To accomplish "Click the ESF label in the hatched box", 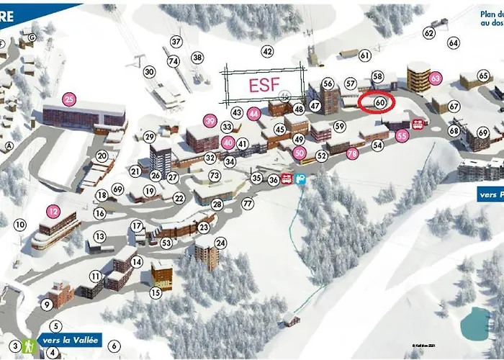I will pyautogui.click(x=264, y=84).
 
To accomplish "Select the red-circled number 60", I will pyautogui.click(x=380, y=103).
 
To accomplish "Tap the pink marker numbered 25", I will pyautogui.click(x=69, y=99).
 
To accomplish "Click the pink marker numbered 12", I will pyautogui.click(x=54, y=212).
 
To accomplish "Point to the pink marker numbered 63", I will pyautogui.click(x=435, y=77).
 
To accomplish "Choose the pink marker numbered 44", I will pyautogui.click(x=253, y=113).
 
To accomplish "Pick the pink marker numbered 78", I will pyautogui.click(x=353, y=153).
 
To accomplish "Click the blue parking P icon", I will pyautogui.click(x=301, y=178).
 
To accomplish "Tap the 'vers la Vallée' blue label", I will pyautogui.click(x=70, y=341).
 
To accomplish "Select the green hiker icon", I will pyautogui.click(x=30, y=346).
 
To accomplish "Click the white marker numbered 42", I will pyautogui.click(x=268, y=52).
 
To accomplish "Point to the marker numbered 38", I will pyautogui.click(x=197, y=58).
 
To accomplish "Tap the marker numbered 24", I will pyautogui.click(x=220, y=243).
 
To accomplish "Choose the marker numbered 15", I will pyautogui.click(x=156, y=292).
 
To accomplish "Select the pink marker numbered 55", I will pyautogui.click(x=402, y=135).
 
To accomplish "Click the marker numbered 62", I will pyautogui.click(x=429, y=33).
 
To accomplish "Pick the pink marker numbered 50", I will pyautogui.click(x=300, y=152).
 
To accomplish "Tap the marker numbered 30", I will pyautogui.click(x=149, y=72).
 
